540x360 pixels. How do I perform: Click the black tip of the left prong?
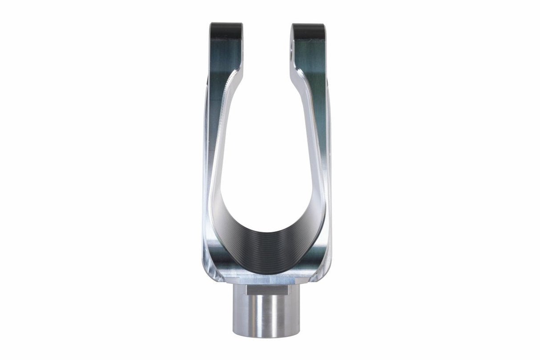(226, 28)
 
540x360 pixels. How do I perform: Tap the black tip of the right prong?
(308, 29)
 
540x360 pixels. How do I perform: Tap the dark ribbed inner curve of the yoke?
(267, 249)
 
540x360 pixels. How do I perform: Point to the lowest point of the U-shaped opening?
(267, 231)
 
